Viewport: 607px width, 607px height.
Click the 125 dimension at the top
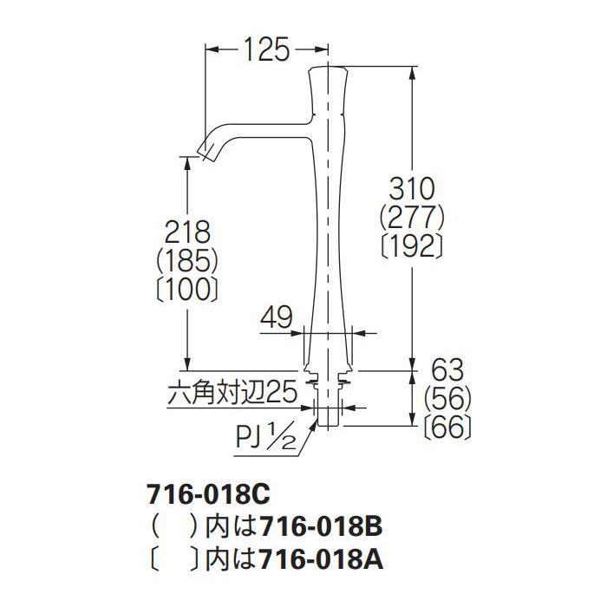coord(267,49)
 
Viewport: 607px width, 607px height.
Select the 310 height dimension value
coord(412,189)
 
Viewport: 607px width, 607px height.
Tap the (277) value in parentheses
coord(412,218)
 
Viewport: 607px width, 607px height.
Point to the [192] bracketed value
coord(412,246)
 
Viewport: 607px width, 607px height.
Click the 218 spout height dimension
coord(188,232)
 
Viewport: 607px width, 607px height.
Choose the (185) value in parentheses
coord(188,260)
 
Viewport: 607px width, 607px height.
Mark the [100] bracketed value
coord(188,289)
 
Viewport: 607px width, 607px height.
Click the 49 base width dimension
coord(277,318)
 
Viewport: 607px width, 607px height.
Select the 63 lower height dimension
coord(447,370)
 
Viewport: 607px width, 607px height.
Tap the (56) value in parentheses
coord(447,398)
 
